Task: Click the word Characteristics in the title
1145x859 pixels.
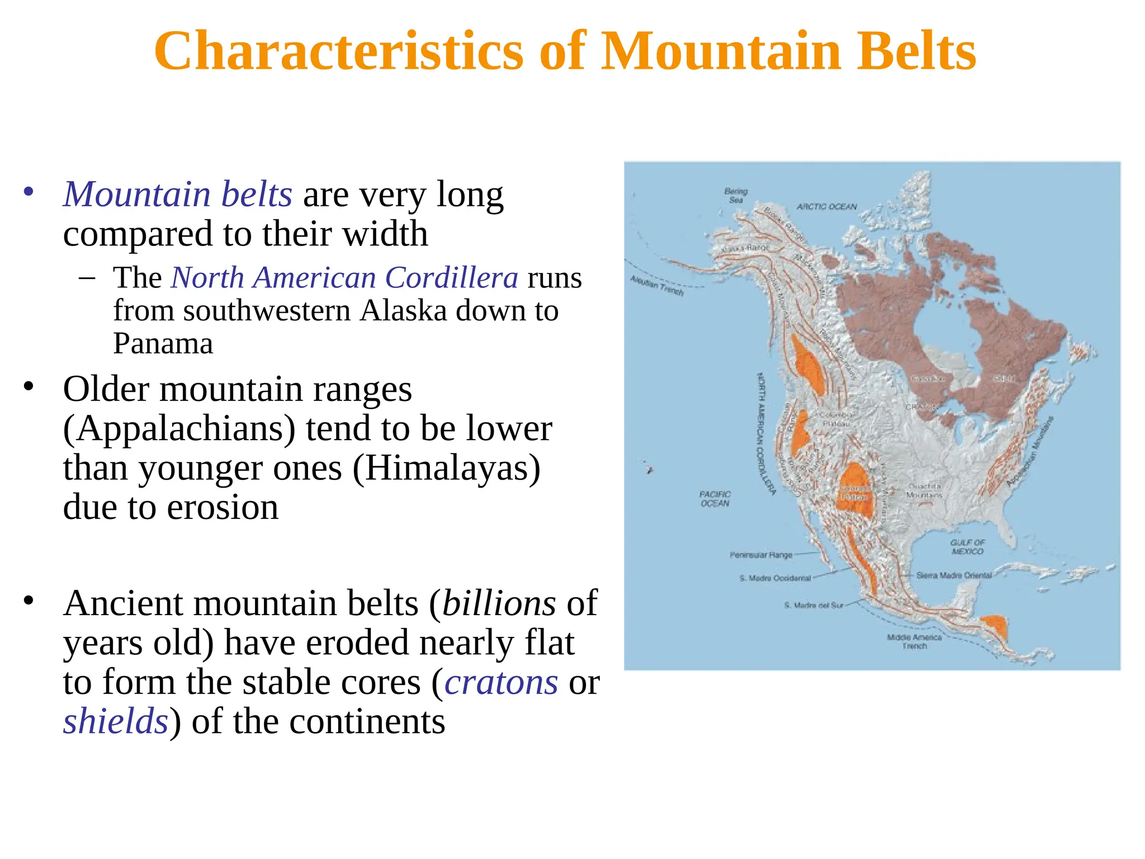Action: tap(338, 51)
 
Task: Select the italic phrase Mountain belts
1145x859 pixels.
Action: tap(177, 194)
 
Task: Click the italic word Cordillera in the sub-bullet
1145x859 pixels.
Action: tap(452, 277)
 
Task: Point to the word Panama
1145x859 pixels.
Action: tap(163, 343)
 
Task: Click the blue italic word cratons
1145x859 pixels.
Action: tap(501, 682)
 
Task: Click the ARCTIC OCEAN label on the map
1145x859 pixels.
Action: tap(826, 206)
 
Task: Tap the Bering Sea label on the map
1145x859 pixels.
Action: tap(735, 195)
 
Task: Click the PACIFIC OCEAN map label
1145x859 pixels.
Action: tap(715, 498)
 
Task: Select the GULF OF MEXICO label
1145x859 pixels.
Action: tap(967, 546)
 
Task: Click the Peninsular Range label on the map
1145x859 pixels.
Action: tap(760, 555)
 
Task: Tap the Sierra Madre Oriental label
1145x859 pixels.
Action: tap(954, 575)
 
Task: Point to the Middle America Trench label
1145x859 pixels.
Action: tap(914, 641)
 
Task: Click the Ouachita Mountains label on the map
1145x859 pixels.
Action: tap(924, 490)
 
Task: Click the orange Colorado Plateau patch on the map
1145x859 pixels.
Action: tap(855, 490)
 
